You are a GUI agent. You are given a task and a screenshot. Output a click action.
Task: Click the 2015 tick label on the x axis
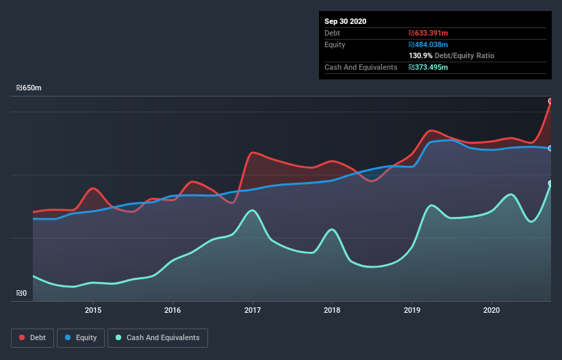pyautogui.click(x=93, y=310)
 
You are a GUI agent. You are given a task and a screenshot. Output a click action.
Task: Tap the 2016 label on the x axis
pyautogui.click(x=173, y=310)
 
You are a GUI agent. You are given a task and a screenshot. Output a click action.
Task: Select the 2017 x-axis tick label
pyautogui.click(x=253, y=310)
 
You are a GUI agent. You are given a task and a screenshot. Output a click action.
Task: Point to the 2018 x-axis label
pyautogui.click(x=332, y=310)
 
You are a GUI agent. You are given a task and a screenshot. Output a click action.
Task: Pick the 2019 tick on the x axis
pyautogui.click(x=412, y=310)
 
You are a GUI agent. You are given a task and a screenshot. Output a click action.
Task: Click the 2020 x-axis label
pyautogui.click(x=491, y=310)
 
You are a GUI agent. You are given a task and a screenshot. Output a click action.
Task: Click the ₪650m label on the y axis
pyautogui.click(x=29, y=88)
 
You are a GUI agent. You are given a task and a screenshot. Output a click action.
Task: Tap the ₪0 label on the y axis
pyautogui.click(x=22, y=294)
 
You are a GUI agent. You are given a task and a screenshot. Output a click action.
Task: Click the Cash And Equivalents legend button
pyautogui.click(x=157, y=337)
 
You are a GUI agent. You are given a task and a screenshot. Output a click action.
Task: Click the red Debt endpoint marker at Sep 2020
pyautogui.click(x=550, y=101)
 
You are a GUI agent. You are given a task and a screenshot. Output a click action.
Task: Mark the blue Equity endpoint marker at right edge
pyautogui.click(x=550, y=148)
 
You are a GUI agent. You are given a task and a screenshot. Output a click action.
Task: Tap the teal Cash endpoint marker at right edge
pyautogui.click(x=550, y=183)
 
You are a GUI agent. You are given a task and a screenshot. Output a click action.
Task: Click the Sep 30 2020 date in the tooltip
pyautogui.click(x=346, y=21)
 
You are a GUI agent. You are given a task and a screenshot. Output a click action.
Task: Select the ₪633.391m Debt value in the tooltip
pyautogui.click(x=429, y=33)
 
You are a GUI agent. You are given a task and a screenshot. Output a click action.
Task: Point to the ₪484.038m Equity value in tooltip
pyautogui.click(x=429, y=44)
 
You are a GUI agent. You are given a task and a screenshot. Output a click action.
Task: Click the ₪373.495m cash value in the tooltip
pyautogui.click(x=429, y=67)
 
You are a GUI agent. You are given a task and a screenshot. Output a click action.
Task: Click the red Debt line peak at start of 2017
pyautogui.click(x=254, y=152)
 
